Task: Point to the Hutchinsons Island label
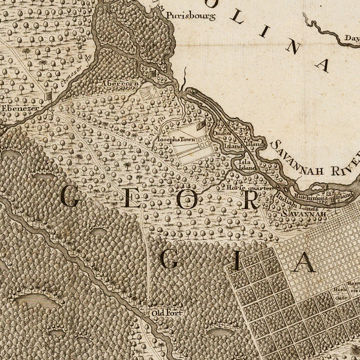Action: click(x=328, y=196)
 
